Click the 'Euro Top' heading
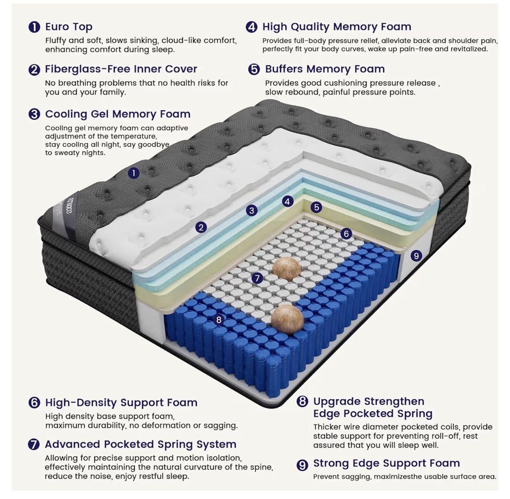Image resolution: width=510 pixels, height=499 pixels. (69, 27)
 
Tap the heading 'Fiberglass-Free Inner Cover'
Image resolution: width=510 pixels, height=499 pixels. (121, 69)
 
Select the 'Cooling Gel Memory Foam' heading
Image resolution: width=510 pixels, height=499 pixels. (118, 114)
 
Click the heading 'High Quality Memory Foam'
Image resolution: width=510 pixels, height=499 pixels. (337, 27)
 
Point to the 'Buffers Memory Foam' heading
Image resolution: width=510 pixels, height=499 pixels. (325, 69)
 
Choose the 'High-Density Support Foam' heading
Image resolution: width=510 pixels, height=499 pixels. (121, 403)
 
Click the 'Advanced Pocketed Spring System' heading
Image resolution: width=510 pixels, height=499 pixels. (141, 444)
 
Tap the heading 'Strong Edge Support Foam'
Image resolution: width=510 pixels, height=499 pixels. (387, 463)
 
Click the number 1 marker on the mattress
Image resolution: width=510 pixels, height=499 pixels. (134, 173)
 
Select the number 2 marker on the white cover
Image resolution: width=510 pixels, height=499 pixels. (201, 227)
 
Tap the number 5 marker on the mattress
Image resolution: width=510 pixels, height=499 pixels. (316, 207)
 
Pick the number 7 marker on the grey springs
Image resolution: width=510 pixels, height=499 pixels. (257, 278)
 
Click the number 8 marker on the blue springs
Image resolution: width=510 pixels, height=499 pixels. (219, 320)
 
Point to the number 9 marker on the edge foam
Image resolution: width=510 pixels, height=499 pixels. (416, 255)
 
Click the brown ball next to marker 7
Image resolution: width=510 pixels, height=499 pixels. (287, 269)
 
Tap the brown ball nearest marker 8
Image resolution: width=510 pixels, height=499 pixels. (287, 319)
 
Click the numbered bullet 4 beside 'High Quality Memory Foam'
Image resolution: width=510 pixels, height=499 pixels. (251, 27)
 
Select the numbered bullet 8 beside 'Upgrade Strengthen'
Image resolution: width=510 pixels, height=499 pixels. (302, 401)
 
